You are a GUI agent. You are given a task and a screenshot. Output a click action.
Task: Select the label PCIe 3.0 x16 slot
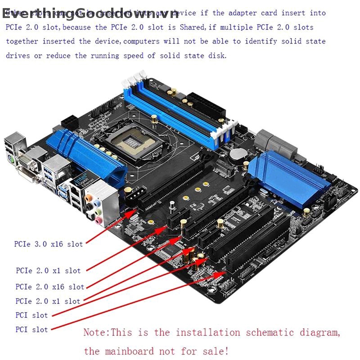pos(49,244)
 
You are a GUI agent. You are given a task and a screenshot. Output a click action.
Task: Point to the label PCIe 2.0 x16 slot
pos(50,287)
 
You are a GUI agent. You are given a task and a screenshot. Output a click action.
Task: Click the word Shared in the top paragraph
pos(192,27)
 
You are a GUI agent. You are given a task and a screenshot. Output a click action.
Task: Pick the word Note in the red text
pos(95,333)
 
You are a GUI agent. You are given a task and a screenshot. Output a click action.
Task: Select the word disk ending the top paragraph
pos(218,56)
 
